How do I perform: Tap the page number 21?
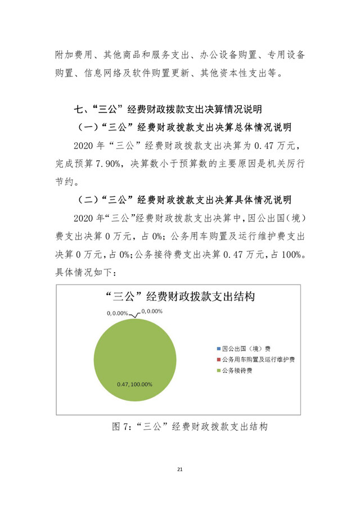pos(180,469)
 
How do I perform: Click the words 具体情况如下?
pos(85,273)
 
